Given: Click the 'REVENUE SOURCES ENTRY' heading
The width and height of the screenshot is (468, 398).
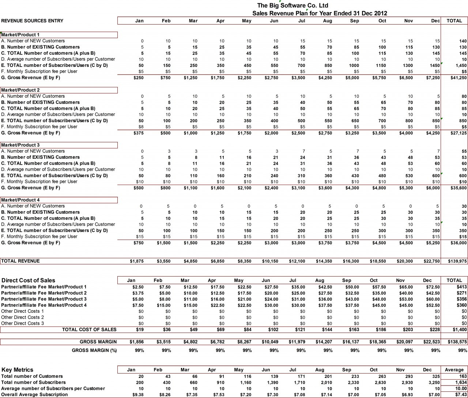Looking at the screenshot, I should (x=32, y=21).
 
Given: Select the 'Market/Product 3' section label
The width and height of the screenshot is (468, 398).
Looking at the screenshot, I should (x=20, y=145).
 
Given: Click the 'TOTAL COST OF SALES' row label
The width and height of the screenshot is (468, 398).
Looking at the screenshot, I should (x=89, y=330).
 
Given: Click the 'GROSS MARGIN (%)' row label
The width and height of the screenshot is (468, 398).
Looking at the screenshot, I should (x=94, y=350).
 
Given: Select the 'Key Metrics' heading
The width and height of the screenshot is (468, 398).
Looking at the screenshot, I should (x=17, y=370).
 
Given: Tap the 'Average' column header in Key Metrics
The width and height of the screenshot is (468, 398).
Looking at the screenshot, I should (x=454, y=370).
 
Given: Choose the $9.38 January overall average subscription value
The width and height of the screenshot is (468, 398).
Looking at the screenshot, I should (x=138, y=395).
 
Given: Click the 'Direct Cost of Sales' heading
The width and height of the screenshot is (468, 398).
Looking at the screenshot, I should (x=28, y=281).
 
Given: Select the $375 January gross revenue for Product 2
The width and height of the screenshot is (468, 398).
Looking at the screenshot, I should (x=139, y=133).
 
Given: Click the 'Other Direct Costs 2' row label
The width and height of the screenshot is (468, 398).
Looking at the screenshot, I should (x=23, y=318).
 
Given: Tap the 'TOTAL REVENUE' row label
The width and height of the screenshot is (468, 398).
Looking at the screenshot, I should (x=20, y=261).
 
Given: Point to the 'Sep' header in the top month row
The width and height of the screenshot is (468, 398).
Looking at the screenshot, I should (x=354, y=21).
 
